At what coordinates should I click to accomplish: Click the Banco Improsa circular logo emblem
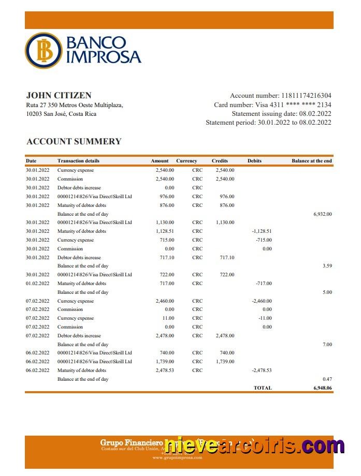point(43,50)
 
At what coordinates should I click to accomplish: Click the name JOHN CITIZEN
point(59,95)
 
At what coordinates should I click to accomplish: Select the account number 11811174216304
point(306,96)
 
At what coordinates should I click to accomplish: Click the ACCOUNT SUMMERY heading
point(74,141)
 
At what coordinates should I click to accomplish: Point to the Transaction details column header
point(78,161)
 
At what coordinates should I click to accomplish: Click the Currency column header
point(186,161)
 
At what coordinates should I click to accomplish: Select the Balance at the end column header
point(311,161)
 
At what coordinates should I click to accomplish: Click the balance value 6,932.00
point(322,214)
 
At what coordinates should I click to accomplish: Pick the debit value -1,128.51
point(262,231)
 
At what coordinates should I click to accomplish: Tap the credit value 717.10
point(227,258)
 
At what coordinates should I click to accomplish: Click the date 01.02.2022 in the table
point(37,284)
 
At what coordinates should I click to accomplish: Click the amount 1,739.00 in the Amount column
point(165,362)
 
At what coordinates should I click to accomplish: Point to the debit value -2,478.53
point(262,370)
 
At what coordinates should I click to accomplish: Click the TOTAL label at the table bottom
point(262,388)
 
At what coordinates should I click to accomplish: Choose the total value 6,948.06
point(322,388)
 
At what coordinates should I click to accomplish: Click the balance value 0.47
point(327,379)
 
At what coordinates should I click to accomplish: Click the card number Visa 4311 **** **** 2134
point(293,105)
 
